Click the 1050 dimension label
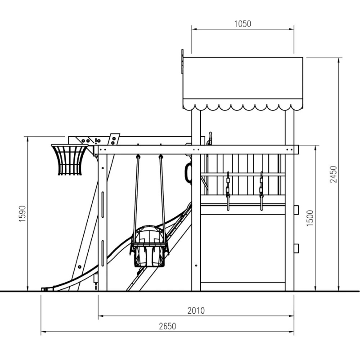243,24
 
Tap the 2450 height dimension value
333,174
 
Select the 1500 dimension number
310,218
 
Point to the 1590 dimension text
22,214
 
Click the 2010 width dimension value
196,310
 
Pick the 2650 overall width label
167,326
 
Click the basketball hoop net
69,160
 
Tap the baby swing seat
149,246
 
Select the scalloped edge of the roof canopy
243,107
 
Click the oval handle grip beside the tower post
188,173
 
